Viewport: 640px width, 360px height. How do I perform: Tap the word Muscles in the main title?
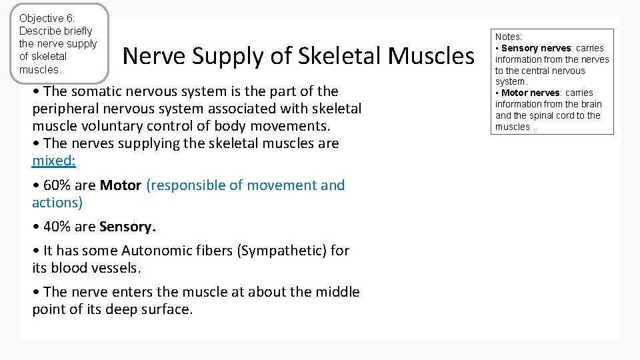pos(431,57)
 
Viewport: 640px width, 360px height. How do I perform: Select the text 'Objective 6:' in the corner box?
pos(47,18)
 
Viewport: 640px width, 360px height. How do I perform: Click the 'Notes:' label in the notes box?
pos(509,37)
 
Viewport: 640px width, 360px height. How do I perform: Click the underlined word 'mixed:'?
pos(54,161)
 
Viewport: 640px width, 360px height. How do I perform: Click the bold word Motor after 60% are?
pos(120,185)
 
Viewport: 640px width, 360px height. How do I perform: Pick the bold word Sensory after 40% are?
pos(127,227)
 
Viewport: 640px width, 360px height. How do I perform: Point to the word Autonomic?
pos(156,251)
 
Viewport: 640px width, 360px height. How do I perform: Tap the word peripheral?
pos(67,109)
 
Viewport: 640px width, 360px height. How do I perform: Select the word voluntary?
pos(107,126)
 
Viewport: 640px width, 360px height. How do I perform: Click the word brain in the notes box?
pos(589,104)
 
